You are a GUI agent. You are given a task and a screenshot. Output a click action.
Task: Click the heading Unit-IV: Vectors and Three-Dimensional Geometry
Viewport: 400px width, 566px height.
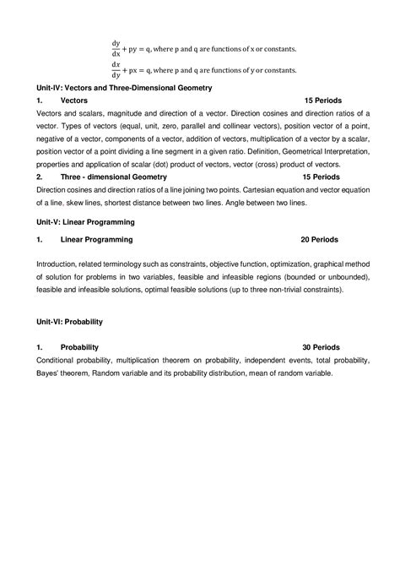(x=123, y=87)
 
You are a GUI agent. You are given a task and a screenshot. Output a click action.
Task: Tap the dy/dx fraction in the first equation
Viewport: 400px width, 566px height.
(x=116, y=48)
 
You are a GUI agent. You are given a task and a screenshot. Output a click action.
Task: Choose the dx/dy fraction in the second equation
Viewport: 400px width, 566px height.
(x=116, y=68)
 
